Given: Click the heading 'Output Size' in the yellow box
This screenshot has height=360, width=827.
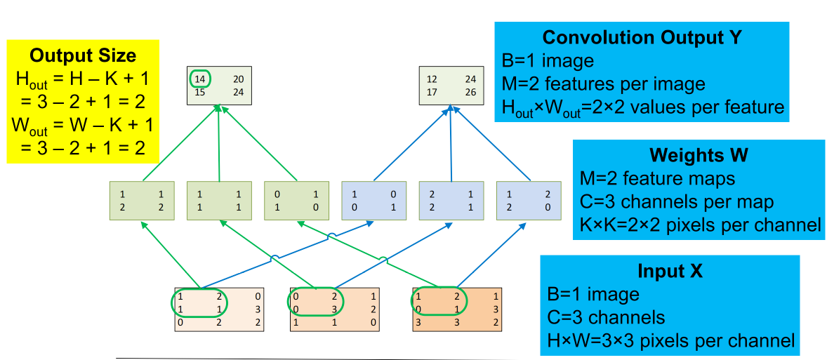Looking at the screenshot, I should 83,55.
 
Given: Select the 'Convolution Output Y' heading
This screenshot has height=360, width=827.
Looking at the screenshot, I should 642,37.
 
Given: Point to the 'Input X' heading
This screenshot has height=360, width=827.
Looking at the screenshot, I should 670,271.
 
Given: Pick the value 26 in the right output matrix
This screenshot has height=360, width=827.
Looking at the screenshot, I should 470,92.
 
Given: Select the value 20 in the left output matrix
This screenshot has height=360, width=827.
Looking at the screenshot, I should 239,79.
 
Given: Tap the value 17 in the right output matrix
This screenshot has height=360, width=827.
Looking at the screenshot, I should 432,92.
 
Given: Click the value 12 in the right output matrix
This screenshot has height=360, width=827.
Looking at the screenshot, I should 432,79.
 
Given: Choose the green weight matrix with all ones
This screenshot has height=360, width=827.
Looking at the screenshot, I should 219,201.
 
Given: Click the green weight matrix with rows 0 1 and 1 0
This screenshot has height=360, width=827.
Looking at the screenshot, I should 296,201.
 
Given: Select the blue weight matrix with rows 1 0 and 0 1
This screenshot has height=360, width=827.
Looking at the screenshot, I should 373,201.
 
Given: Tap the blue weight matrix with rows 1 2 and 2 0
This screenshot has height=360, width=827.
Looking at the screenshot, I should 528,201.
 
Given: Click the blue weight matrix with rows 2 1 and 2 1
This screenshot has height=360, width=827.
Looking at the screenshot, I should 451,201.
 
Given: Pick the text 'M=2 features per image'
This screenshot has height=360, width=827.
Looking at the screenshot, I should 603,84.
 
